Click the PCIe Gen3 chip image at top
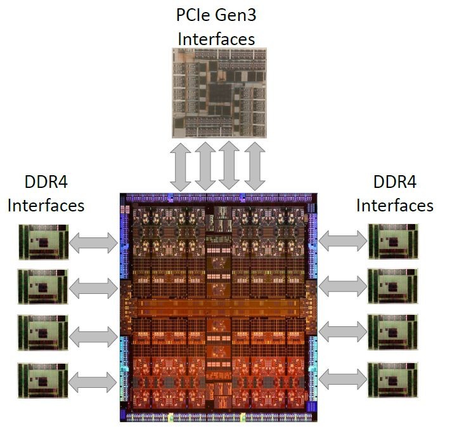tap(219, 93)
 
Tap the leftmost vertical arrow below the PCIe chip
tap(181, 166)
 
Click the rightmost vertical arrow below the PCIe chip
tap(254, 166)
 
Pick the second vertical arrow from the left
tap(205, 166)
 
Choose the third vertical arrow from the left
tap(229, 166)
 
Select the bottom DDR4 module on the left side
tap(42, 380)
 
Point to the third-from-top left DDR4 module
tap(42, 333)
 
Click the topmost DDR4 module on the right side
tap(393, 241)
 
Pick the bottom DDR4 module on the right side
tap(393, 380)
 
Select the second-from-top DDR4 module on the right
tap(393, 287)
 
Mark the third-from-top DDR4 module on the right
tap(393, 333)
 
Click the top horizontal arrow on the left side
tap(93, 241)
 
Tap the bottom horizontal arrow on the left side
tap(93, 380)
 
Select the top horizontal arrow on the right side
tap(344, 240)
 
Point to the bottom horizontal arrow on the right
tap(344, 380)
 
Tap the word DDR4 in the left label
tap(43, 183)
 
